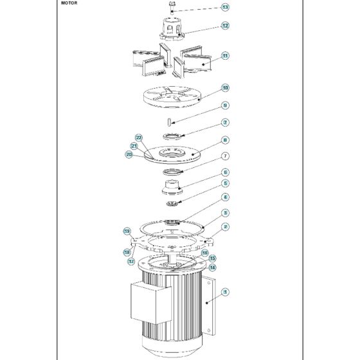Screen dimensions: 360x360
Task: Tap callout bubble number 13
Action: pyautogui.click(x=225, y=8)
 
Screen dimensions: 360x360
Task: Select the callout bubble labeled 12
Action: pyautogui.click(x=225, y=26)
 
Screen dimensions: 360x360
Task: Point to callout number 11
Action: pyautogui.click(x=225, y=56)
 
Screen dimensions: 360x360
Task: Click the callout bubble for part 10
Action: pyautogui.click(x=225, y=87)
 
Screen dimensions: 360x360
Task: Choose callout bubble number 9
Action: pyautogui.click(x=225, y=105)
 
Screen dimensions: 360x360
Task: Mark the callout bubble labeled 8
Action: pyautogui.click(x=225, y=139)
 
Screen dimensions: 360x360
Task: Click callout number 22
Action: pyautogui.click(x=138, y=138)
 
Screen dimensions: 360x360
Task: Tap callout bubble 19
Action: pyautogui.click(x=127, y=230)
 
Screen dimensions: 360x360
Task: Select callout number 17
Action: pyautogui.click(x=130, y=262)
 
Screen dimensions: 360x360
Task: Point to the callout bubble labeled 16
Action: pyautogui.click(x=204, y=253)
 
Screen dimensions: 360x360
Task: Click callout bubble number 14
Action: pyautogui.click(x=212, y=267)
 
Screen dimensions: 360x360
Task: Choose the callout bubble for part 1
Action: pyautogui.click(x=225, y=292)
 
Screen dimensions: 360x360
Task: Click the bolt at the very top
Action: pyautogui.click(x=172, y=7)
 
